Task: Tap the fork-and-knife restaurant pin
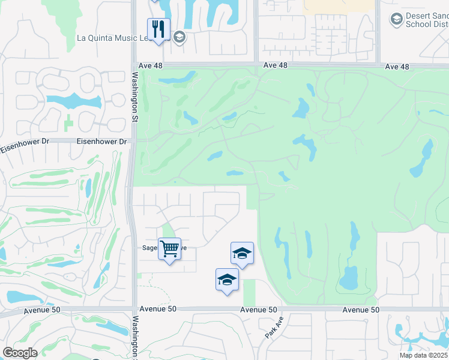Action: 158,30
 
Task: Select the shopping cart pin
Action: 169,248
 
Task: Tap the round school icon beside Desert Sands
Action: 396,20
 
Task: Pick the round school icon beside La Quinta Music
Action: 178,38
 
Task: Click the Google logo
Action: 20,353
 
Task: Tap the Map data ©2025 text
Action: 423,355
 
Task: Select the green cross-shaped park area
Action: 68,123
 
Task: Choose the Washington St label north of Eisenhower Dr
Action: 136,96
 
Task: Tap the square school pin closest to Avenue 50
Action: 227,280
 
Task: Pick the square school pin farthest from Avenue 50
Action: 242,254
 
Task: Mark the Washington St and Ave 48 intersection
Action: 134,64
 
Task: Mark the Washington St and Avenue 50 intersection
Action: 134,310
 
